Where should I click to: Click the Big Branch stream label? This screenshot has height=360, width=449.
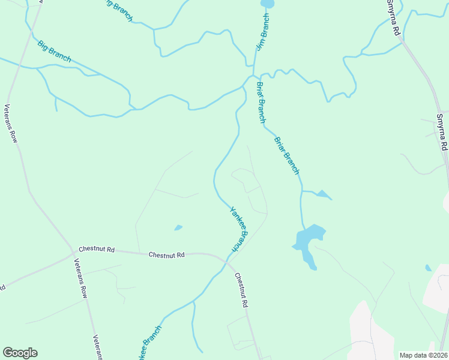tap(54, 51)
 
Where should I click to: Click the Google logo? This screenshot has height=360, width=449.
tap(20, 353)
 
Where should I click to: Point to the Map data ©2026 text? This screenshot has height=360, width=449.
tap(423, 355)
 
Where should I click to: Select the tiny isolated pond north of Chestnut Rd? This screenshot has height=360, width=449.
tap(178, 227)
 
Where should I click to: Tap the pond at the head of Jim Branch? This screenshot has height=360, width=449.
tap(267, 4)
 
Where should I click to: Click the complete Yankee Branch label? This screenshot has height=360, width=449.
tap(238, 229)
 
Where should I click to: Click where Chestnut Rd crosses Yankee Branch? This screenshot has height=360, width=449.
tap(226, 262)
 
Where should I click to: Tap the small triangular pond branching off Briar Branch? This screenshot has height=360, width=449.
tap(324, 194)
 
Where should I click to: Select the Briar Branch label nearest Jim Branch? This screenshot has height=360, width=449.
tap(261, 103)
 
